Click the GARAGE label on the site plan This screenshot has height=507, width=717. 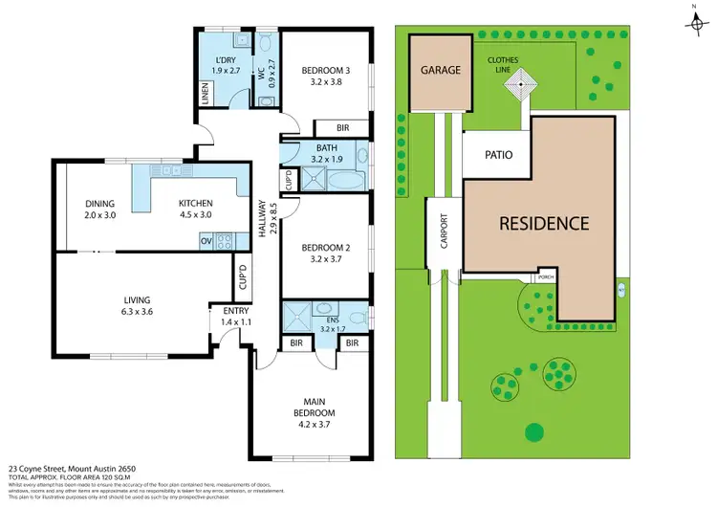pyautogui.click(x=441, y=70)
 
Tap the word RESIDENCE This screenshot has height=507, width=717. pyautogui.click(x=544, y=223)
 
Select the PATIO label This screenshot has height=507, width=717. pyautogui.click(x=499, y=153)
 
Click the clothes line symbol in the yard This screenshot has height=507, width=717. pyautogui.click(x=522, y=86)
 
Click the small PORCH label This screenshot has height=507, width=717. pyautogui.click(x=546, y=276)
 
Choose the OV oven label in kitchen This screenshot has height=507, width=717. pyautogui.click(x=206, y=241)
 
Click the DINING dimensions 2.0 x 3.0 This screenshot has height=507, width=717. pyautogui.click(x=99, y=215)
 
